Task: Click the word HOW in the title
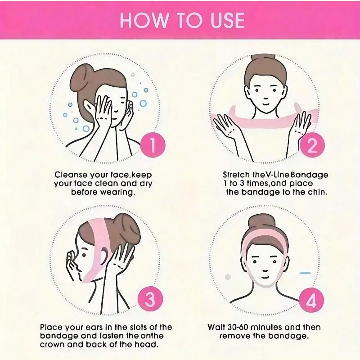click(140, 21)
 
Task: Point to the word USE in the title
click(224, 21)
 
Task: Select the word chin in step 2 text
click(317, 192)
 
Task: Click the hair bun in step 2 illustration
click(262, 59)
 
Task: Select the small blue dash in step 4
click(305, 273)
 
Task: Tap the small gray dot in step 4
click(228, 275)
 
